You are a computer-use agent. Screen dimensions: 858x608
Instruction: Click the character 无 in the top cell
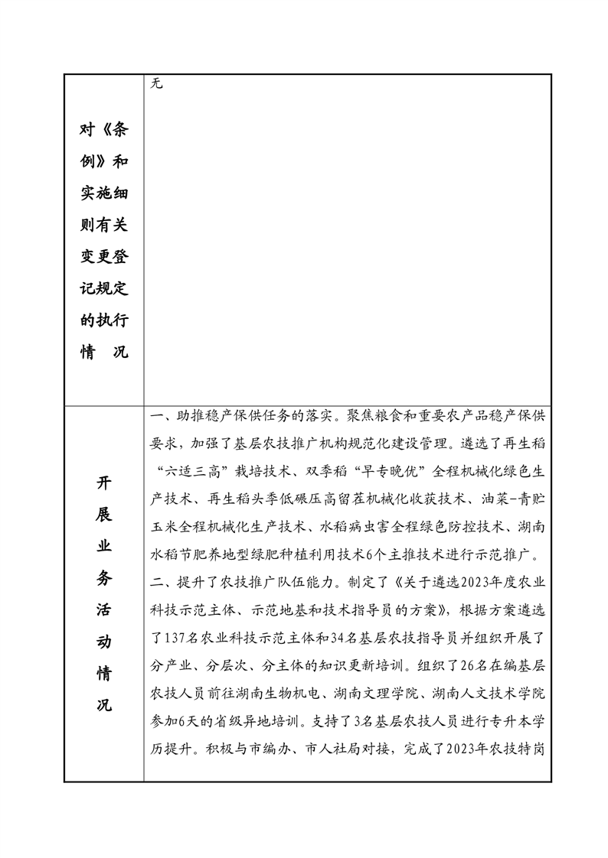click(156, 83)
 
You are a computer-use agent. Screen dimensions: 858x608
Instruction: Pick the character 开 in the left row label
click(104, 483)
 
